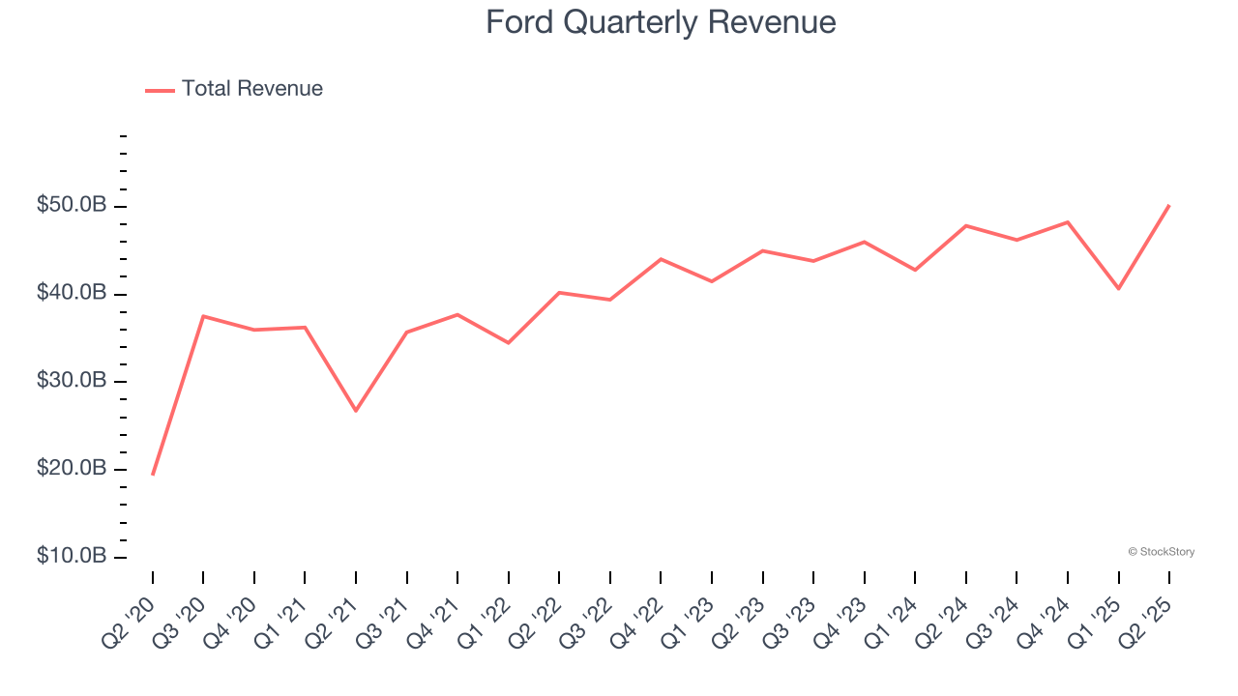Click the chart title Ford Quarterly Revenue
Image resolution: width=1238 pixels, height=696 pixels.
click(661, 21)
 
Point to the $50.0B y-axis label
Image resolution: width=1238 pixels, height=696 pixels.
click(73, 206)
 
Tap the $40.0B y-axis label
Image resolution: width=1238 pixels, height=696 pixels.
click(73, 293)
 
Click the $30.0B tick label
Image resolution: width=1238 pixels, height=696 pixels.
click(73, 381)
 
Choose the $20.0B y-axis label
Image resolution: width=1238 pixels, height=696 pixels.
click(73, 469)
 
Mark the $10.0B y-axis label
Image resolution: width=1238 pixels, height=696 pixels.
click(73, 557)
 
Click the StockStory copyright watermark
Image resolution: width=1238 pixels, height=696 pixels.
click(1161, 552)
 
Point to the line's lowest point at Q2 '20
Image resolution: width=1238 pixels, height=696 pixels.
click(153, 474)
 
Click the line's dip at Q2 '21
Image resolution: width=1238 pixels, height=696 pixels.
click(356, 411)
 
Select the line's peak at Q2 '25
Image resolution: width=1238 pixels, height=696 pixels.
click(1169, 205)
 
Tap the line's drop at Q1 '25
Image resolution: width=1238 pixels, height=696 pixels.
click(1119, 288)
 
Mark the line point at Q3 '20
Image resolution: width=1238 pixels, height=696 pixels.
click(203, 316)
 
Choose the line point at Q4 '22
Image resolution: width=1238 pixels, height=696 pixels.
click(661, 259)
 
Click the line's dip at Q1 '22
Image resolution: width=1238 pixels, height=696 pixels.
click(509, 342)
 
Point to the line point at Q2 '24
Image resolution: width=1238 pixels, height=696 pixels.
click(966, 225)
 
